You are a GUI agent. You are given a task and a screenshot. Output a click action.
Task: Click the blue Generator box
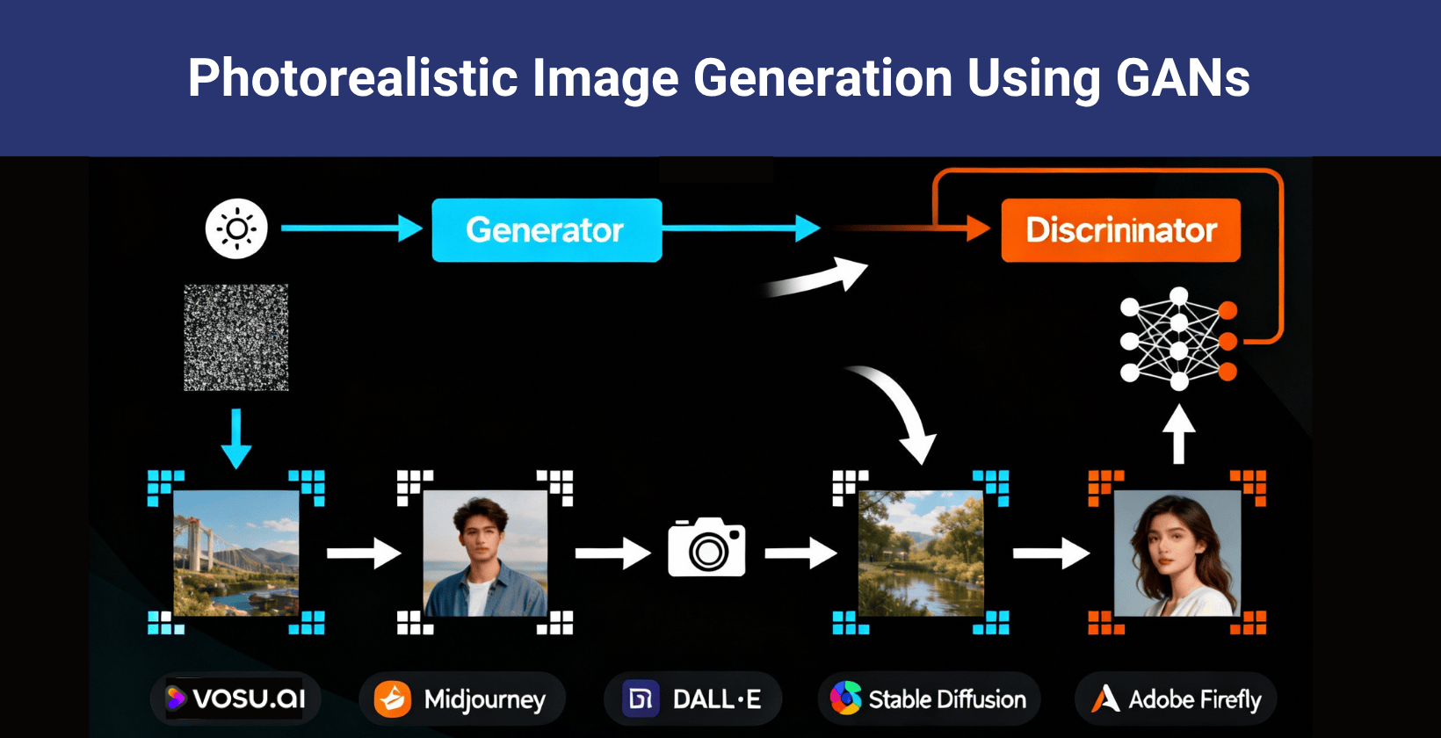546,230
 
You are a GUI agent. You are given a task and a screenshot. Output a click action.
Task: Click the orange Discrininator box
1120,230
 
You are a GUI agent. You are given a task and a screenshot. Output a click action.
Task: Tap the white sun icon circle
236,229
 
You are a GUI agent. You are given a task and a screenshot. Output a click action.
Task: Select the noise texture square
235,337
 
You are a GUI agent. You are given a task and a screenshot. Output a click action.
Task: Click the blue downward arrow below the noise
235,438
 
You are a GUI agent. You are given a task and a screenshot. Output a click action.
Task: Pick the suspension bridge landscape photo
235,553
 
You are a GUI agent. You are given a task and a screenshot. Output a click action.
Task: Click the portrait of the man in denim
484,553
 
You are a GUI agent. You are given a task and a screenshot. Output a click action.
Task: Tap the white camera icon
706,547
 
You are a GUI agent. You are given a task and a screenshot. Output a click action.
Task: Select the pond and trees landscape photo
920,553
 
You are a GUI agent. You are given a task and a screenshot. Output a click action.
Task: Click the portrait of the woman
1177,553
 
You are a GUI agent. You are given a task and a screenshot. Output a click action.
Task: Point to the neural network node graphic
1178,338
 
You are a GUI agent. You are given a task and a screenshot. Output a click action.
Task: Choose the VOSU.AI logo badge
235,698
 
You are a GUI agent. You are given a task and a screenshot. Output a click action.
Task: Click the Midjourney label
462,699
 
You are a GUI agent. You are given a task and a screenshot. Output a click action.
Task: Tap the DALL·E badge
692,699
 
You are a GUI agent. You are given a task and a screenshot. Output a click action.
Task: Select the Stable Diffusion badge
929,699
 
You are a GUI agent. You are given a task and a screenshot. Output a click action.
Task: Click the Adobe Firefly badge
1176,699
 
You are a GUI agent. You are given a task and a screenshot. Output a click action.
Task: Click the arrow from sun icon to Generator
351,228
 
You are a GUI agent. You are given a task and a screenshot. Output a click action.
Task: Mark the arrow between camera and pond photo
800,553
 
